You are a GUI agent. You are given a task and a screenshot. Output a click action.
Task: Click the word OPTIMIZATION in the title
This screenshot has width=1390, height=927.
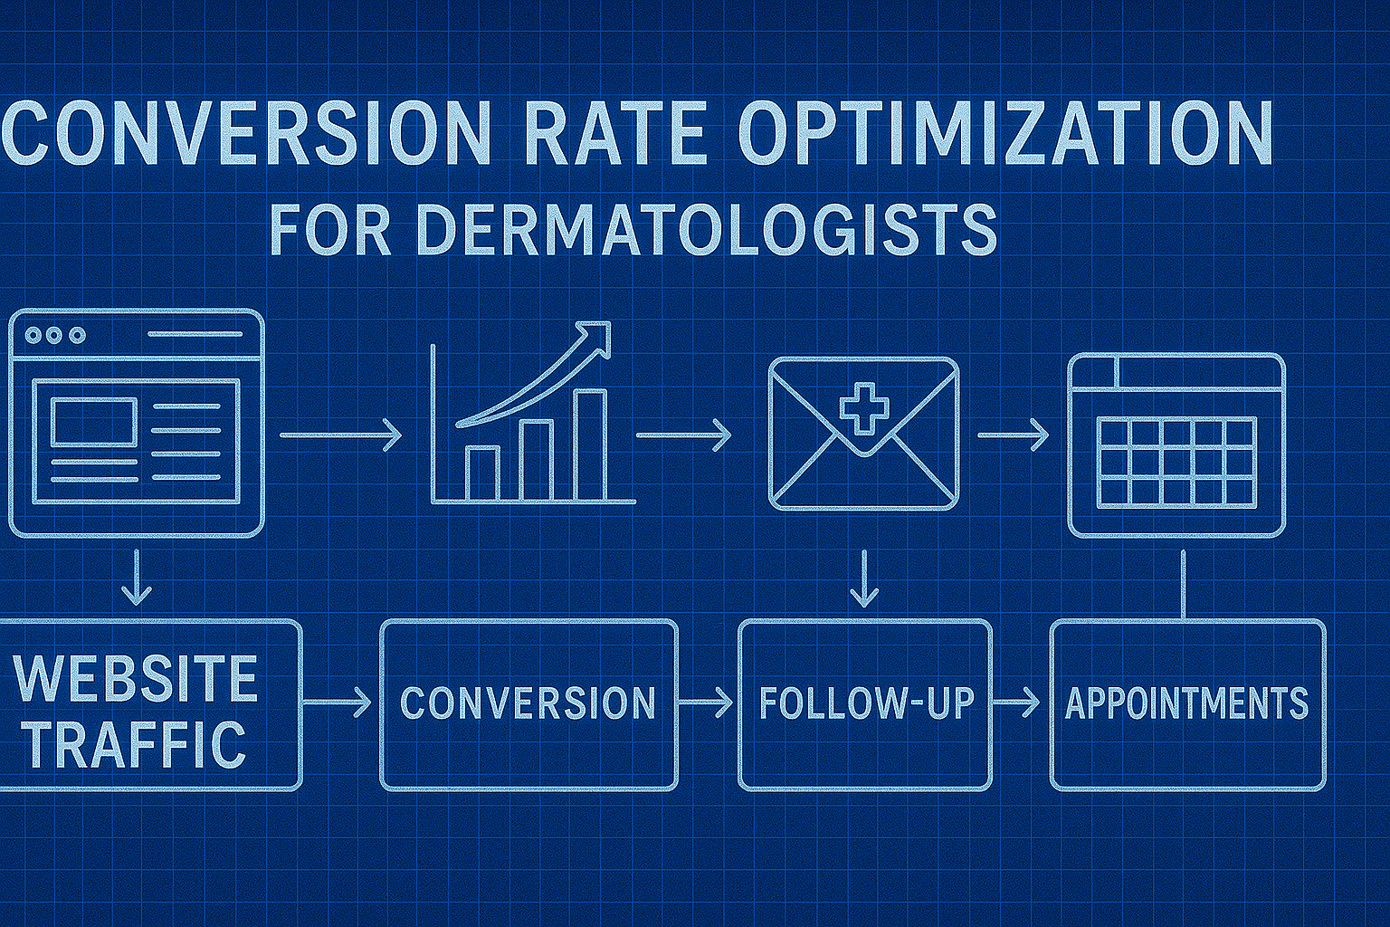click(1004, 132)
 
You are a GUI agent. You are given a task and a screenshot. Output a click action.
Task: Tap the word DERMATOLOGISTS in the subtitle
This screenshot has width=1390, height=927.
click(706, 230)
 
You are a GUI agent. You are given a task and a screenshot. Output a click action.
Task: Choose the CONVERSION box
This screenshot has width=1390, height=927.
click(528, 704)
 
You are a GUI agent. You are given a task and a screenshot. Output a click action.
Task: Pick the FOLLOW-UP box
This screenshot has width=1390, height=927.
click(865, 704)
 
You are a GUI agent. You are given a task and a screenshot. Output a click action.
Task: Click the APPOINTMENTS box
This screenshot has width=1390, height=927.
click(1187, 704)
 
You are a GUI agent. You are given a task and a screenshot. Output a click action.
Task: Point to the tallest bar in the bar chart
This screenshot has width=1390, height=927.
click(591, 445)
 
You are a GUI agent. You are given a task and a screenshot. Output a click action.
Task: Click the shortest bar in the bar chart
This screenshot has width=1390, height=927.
click(481, 473)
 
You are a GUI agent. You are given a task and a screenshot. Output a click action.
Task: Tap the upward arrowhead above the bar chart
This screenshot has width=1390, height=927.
click(597, 337)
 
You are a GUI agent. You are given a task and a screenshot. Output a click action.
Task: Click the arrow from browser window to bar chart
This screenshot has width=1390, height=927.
click(340, 435)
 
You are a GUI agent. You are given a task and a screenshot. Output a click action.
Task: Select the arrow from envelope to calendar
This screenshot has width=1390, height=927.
click(1014, 435)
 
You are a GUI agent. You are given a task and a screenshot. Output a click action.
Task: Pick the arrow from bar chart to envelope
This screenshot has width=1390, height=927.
click(684, 435)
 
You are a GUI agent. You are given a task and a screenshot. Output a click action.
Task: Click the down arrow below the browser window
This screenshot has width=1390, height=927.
click(137, 577)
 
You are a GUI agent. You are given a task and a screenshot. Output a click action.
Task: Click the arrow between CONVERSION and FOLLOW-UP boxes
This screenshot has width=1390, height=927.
click(706, 702)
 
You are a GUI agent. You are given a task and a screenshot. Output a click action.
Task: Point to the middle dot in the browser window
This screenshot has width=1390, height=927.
click(55, 336)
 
